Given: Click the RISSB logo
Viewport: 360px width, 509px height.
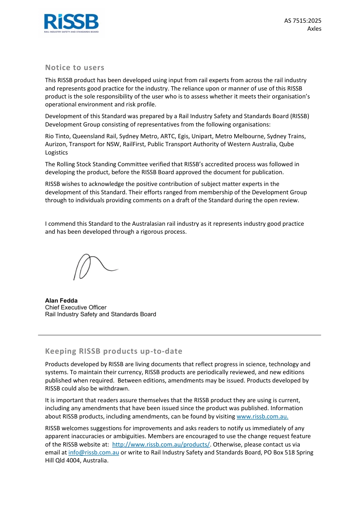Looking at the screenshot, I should click(71, 23).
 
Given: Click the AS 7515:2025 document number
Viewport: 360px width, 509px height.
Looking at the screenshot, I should click(302, 21).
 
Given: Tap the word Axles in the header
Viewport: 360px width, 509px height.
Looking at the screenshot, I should click(314, 29).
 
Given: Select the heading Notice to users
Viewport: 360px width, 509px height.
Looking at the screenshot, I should click(75, 68).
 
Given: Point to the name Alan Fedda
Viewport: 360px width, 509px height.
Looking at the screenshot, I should click(61, 301).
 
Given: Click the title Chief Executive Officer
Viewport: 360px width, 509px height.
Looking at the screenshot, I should click(76, 308).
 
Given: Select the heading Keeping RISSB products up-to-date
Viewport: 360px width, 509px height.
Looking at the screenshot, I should click(114, 351).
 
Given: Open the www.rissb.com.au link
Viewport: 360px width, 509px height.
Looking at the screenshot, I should click(262, 417).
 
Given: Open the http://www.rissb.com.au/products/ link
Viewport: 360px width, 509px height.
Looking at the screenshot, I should click(161, 445).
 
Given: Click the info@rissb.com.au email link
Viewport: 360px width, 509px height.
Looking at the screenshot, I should click(94, 453).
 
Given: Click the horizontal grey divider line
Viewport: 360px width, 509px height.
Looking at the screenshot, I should click(179, 335).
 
